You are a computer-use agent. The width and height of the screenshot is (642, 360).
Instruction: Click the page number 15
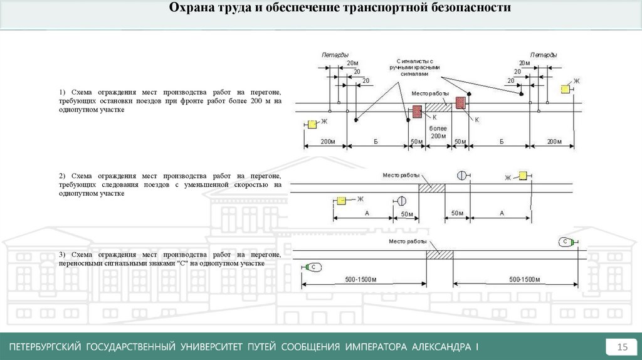[623, 347]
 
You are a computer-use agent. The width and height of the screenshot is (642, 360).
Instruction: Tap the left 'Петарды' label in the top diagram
[335, 55]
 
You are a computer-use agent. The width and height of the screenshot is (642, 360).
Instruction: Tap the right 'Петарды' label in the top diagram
[543, 55]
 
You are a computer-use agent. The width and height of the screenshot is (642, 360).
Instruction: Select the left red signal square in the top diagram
[417, 112]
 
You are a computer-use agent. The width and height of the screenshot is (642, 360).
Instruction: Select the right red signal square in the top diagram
[461, 102]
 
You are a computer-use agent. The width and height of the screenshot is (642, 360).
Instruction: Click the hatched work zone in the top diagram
[439, 107]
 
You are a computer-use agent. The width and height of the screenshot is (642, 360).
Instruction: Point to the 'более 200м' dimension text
[438, 132]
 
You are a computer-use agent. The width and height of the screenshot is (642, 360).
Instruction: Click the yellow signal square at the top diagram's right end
[565, 89]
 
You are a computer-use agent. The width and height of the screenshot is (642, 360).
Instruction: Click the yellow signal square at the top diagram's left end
[312, 124]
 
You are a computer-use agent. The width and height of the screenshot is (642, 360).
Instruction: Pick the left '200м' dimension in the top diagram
[327, 142]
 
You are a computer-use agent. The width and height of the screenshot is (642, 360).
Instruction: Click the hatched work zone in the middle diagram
[432, 188]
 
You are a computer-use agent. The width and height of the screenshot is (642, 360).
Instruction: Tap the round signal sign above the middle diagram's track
[462, 176]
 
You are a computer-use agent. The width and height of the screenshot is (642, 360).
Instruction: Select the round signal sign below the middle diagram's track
[401, 201]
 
